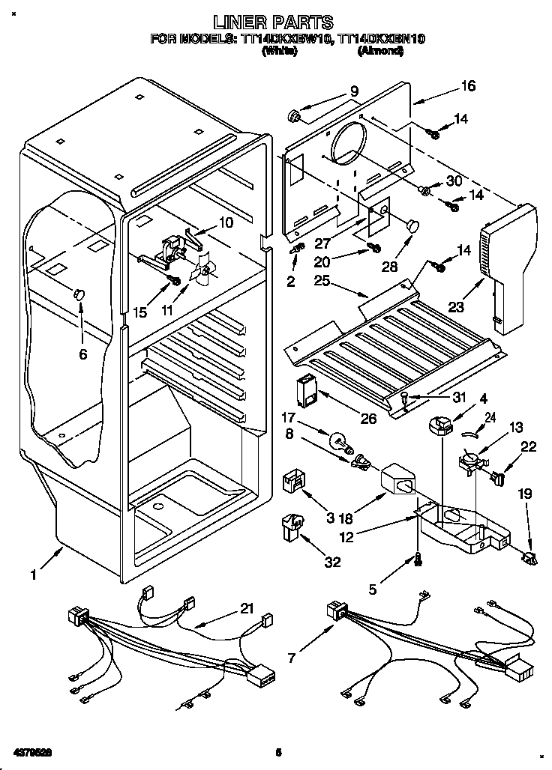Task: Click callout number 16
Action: tap(468, 87)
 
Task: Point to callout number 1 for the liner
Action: tap(33, 575)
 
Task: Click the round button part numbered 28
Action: tap(412, 222)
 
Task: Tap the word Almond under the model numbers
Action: tap(381, 52)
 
